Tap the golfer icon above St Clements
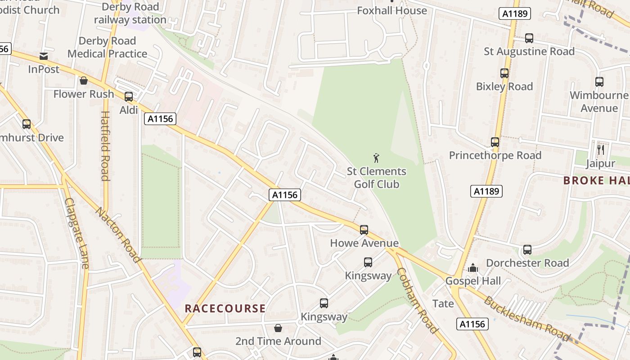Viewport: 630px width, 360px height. (376, 158)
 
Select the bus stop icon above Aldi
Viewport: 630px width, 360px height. (129, 96)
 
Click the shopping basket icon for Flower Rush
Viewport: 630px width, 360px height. (83, 81)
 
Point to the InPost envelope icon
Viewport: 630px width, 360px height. (44, 56)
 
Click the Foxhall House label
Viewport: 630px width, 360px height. (391, 10)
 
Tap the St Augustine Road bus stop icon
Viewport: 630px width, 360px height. (529, 38)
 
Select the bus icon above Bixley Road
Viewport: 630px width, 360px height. (504, 73)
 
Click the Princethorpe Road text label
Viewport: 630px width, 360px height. (495, 156)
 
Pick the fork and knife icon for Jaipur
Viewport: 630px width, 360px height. (600, 149)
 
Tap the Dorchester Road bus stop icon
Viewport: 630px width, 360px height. (527, 250)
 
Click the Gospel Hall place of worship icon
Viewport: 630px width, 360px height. (473, 268)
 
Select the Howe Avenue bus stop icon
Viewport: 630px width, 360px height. (364, 230)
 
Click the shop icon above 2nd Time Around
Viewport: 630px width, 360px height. (278, 328)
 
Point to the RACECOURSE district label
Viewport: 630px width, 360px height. (225, 309)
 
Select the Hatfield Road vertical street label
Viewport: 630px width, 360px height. (105, 146)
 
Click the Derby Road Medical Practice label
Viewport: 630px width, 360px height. (107, 47)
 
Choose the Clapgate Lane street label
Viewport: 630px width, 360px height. (76, 234)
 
